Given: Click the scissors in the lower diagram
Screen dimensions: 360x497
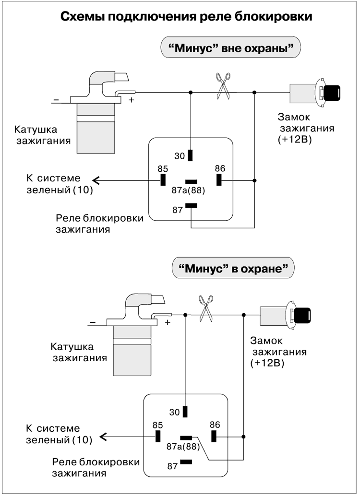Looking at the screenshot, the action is pyautogui.click(x=206, y=308).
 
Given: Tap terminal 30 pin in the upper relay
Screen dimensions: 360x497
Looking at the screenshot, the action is pyautogui.click(x=191, y=155).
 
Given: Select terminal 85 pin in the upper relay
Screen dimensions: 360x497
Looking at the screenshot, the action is pyautogui.click(x=163, y=180).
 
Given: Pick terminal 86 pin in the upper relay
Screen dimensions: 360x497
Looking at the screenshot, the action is pyautogui.click(x=219, y=180).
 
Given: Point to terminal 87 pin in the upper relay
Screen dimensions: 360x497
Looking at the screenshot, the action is pyautogui.click(x=191, y=205).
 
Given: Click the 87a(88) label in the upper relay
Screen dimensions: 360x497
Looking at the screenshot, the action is pyautogui.click(x=189, y=190).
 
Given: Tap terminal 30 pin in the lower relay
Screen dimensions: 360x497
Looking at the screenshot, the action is pyautogui.click(x=185, y=412).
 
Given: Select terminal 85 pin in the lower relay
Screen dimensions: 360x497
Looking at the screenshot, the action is pyautogui.click(x=157, y=436).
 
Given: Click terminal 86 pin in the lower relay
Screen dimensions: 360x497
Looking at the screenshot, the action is pyautogui.click(x=214, y=436).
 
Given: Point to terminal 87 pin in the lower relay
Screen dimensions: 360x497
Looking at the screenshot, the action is pyautogui.click(x=186, y=462).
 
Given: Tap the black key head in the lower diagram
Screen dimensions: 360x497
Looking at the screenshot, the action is pyautogui.click(x=302, y=316).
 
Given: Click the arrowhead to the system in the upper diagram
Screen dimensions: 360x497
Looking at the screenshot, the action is pyautogui.click(x=96, y=180).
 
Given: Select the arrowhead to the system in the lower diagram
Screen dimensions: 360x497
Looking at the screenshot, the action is pyautogui.click(x=104, y=437).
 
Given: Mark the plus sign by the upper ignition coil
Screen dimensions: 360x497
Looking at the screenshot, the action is pyautogui.click(x=131, y=100).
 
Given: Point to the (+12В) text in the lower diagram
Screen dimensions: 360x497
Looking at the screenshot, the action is pyautogui.click(x=267, y=363).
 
